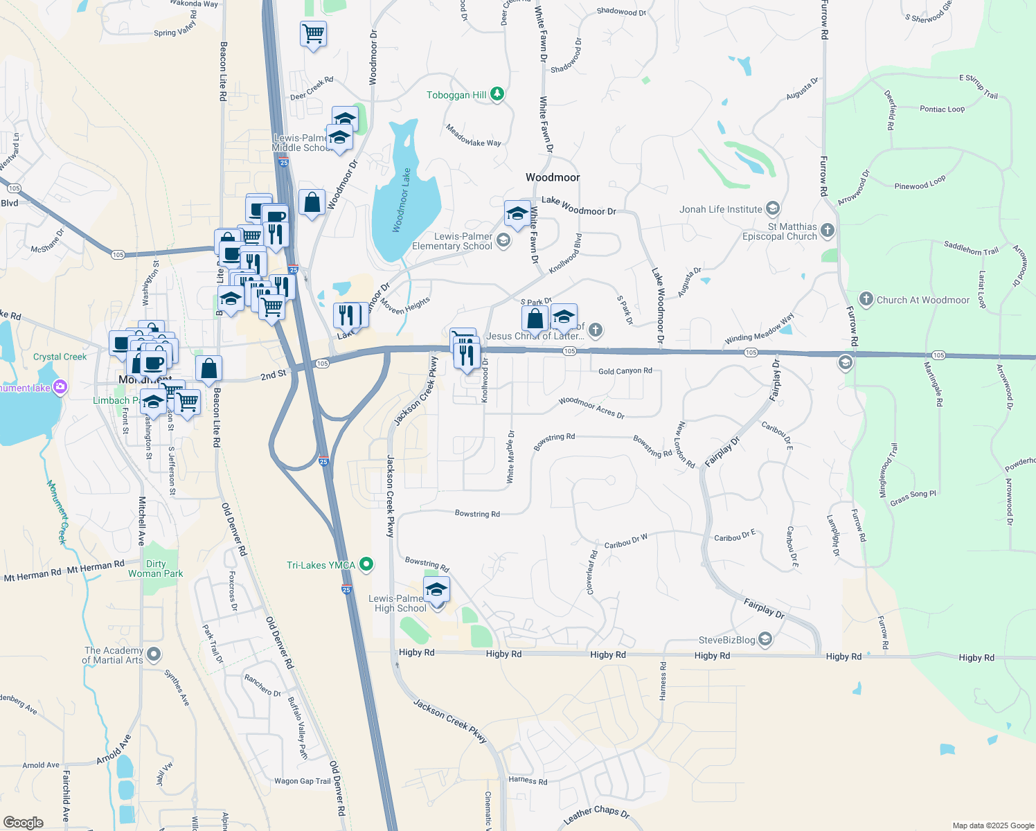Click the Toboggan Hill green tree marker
(497, 94)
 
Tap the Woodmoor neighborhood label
(553, 178)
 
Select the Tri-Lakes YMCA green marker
(367, 565)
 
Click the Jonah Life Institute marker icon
(773, 209)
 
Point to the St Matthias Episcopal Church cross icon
(828, 231)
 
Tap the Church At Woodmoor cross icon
(866, 299)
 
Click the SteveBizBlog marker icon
(765, 639)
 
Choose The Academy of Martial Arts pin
(154, 654)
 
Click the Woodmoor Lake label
(402, 201)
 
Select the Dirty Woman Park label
(156, 569)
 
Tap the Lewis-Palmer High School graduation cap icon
(436, 590)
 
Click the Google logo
(23, 822)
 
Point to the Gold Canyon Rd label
(625, 371)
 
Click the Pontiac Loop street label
(942, 109)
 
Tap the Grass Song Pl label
(913, 497)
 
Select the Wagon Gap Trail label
(303, 781)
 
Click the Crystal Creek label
(60, 357)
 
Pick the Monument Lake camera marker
(60, 387)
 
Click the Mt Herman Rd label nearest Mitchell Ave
(96, 568)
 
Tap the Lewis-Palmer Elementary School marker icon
(503, 241)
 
